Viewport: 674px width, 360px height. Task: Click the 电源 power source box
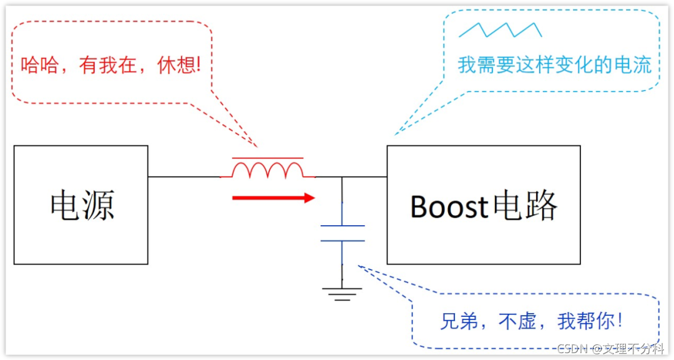click(x=81, y=205)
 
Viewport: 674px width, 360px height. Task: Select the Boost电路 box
click(x=483, y=205)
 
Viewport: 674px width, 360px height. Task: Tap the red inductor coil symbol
click(x=268, y=168)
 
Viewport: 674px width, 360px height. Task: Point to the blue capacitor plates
click(x=342, y=233)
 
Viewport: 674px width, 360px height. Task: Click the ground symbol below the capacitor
click(x=342, y=293)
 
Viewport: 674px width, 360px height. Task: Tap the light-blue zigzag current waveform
click(x=500, y=29)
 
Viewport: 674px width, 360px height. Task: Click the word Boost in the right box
click(x=449, y=207)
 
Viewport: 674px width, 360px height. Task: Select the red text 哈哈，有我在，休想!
click(x=112, y=64)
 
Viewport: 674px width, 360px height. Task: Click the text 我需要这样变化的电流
click(x=554, y=65)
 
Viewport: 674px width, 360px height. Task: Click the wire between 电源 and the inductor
click(x=185, y=177)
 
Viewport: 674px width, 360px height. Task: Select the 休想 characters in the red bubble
click(x=177, y=64)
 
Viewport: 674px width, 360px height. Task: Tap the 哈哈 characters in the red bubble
click(x=41, y=64)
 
